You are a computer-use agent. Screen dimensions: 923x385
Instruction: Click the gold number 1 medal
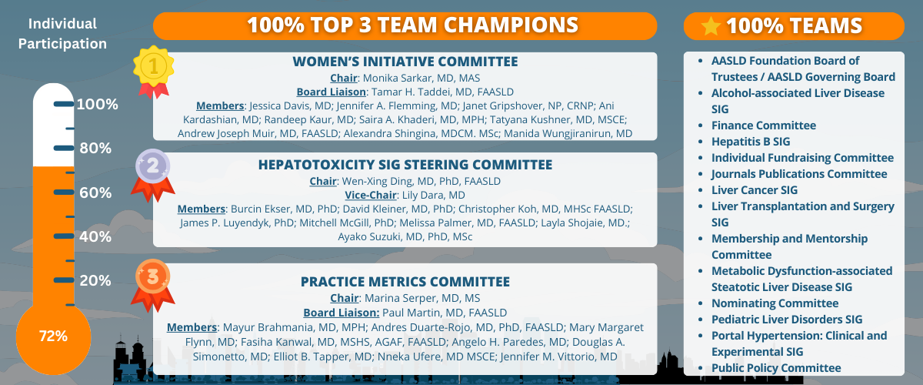[x=153, y=70]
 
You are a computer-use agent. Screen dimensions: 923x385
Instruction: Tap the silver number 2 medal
[x=153, y=173]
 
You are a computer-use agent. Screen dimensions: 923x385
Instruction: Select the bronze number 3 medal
[x=153, y=285]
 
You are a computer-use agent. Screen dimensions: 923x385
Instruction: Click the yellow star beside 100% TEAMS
[x=711, y=26]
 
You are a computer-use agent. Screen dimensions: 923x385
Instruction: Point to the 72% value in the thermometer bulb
[x=53, y=336]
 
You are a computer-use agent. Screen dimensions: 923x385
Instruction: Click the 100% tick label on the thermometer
[x=97, y=104]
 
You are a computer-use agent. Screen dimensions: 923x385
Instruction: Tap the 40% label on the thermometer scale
[x=95, y=236]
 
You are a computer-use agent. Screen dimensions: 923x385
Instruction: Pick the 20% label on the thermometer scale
[x=95, y=280]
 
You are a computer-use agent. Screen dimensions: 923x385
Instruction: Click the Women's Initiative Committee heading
[x=405, y=62]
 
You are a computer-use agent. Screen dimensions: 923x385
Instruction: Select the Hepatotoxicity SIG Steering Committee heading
[x=405, y=165]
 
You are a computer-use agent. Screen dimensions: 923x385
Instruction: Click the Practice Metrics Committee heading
[x=405, y=281]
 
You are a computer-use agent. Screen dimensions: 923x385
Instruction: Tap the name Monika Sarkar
[x=398, y=78]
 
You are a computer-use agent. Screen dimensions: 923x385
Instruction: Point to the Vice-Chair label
[x=371, y=195]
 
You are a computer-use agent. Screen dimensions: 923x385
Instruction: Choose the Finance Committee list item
[x=764, y=126]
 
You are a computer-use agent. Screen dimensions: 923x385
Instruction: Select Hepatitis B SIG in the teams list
[x=751, y=142]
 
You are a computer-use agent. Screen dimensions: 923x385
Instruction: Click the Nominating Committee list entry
[x=775, y=303]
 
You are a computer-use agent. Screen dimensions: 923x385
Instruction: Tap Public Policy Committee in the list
[x=776, y=368]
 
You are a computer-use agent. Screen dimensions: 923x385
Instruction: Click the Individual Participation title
[x=62, y=33]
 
